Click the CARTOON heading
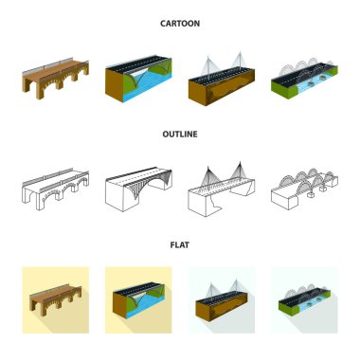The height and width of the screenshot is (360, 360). pos(180,24)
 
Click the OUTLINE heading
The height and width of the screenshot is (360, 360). pos(180,135)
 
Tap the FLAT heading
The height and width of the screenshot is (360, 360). pos(180,245)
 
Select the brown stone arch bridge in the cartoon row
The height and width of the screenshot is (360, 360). pos(56,79)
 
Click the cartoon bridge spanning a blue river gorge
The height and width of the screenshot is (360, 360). pos(138,79)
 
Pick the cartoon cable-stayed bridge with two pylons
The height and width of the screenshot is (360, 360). pos(222,80)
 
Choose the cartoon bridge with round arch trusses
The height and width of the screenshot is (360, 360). pos(304,79)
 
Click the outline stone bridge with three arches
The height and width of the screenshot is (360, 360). pos(56,189)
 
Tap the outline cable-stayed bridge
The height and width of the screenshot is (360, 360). pos(222,189)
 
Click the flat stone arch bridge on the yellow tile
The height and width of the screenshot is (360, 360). pos(56,300)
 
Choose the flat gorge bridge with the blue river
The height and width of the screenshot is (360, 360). pos(138,300)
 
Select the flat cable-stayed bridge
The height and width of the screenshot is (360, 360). pos(222,300)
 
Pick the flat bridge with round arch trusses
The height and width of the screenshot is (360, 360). pos(304,300)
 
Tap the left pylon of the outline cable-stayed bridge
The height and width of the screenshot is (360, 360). pos(208,177)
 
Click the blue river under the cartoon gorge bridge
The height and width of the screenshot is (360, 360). pos(149,87)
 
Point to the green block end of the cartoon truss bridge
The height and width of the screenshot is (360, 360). pos(284,89)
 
